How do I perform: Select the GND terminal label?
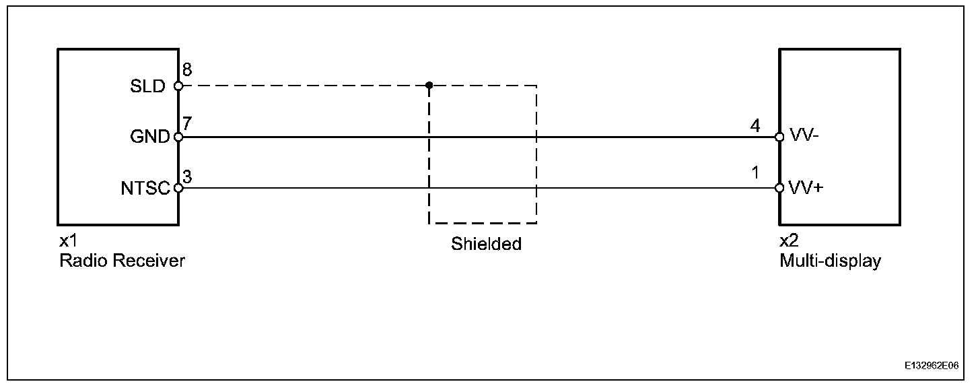point(149,137)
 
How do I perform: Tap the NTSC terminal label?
point(145,189)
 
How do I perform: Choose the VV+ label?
point(805,188)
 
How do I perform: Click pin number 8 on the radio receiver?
point(187,70)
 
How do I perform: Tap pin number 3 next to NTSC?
point(187,176)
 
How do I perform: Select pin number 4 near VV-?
point(755,125)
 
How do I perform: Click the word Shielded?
point(486,244)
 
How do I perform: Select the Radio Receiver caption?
point(122,260)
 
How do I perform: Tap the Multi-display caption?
point(830,260)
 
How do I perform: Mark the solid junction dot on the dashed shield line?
point(429,86)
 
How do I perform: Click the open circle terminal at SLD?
point(178,86)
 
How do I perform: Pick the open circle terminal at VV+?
point(779,188)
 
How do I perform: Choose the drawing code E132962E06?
point(932,366)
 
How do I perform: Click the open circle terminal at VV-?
point(779,137)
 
